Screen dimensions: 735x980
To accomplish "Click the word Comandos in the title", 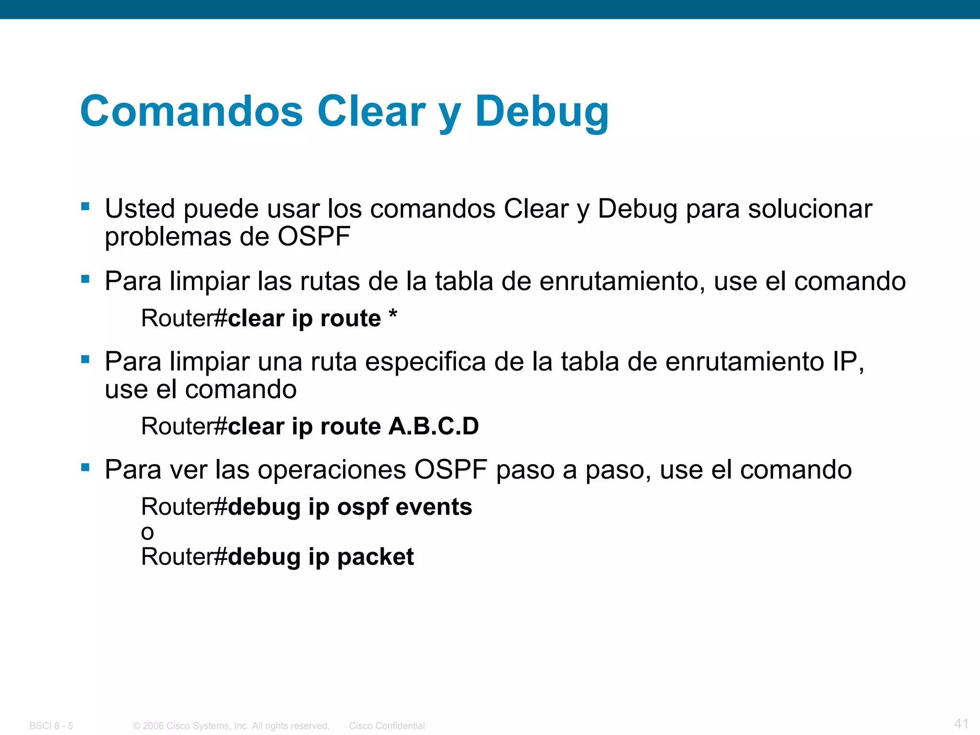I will [191, 111].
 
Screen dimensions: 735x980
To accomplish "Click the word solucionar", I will [810, 209].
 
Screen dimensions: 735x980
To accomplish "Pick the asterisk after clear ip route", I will [392, 316].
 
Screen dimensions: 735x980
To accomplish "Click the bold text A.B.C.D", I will [434, 426].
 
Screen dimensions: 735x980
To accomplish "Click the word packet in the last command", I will [376, 557].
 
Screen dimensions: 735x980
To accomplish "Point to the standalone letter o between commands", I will [147, 533].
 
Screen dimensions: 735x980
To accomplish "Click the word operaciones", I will [332, 470].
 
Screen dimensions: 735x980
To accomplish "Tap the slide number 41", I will [961, 723].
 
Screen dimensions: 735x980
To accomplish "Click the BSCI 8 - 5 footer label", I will [51, 726].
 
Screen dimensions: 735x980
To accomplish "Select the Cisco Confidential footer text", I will [387, 726].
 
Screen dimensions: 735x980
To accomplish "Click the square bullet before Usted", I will [86, 207].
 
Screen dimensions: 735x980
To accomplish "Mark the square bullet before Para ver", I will [86, 468].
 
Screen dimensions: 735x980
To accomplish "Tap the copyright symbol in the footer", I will [136, 726].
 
